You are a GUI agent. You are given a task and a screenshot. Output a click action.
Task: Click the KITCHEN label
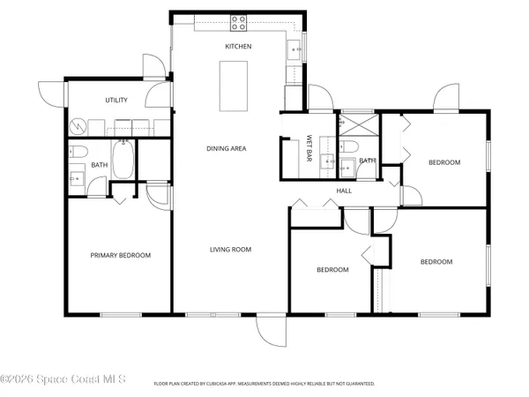tap(238, 46)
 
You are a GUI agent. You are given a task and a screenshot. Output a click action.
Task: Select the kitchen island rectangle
tap(233, 86)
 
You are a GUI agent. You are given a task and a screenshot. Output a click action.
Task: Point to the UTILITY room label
tap(117, 100)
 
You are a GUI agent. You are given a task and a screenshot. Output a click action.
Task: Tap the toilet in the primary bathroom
tap(77, 149)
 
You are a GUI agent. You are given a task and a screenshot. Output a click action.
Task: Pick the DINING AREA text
tap(226, 148)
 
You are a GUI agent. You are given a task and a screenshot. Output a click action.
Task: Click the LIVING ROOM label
tap(230, 250)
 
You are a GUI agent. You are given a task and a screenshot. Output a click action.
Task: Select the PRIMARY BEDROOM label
tap(121, 256)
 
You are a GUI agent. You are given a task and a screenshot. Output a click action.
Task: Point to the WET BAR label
tap(309, 146)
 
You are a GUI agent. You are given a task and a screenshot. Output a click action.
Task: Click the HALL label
tap(344, 191)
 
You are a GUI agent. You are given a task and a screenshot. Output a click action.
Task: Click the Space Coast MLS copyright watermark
tap(63, 380)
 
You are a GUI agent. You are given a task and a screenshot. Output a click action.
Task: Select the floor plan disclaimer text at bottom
tap(264, 384)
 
